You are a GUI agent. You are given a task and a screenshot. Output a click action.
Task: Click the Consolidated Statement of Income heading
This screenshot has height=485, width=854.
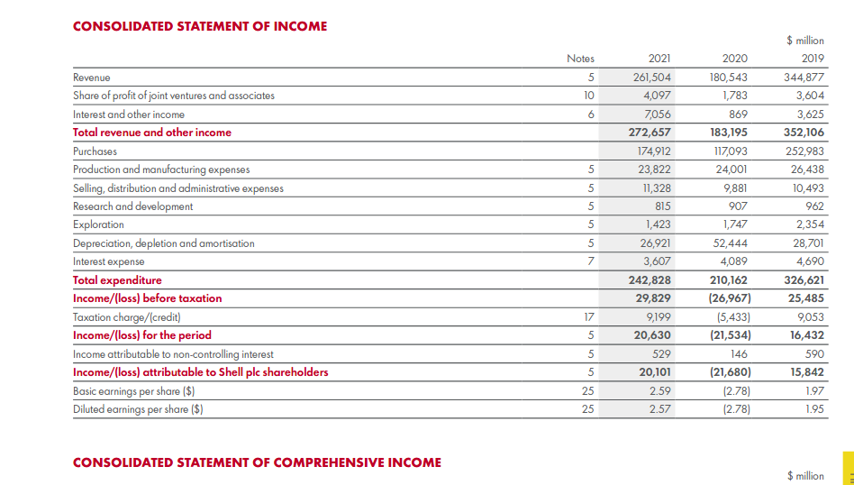pyautogui.click(x=200, y=26)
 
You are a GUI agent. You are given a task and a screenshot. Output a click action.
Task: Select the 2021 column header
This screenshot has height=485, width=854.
pyautogui.click(x=659, y=59)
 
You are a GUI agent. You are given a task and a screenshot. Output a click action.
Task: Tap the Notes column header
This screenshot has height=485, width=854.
pyautogui.click(x=580, y=59)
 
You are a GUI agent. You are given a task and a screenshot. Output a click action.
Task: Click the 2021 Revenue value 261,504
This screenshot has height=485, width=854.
pyautogui.click(x=652, y=78)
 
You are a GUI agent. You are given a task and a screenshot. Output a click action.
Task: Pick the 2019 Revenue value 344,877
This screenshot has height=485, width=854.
pyautogui.click(x=804, y=78)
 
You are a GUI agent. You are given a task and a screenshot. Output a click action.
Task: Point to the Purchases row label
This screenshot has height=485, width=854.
pyautogui.click(x=95, y=151)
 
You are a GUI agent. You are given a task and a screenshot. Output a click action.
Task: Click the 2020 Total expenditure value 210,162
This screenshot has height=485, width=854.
pyautogui.click(x=729, y=280)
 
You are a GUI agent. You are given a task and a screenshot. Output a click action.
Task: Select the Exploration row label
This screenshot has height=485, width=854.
pyautogui.click(x=98, y=224)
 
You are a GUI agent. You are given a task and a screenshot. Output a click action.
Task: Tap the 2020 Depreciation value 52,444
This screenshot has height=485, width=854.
pyautogui.click(x=729, y=243)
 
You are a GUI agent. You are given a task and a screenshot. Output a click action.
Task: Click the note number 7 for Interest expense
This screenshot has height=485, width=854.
pyautogui.click(x=590, y=261)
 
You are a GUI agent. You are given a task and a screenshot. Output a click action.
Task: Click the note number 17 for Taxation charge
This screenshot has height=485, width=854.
pyautogui.click(x=589, y=317)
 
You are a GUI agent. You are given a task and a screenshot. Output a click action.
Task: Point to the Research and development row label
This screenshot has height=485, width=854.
pyautogui.click(x=132, y=206)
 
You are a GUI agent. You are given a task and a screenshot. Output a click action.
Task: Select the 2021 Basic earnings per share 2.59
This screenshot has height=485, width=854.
pyautogui.click(x=659, y=391)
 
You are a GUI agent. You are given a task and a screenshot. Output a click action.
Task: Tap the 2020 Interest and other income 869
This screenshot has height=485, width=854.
pyautogui.click(x=736, y=114)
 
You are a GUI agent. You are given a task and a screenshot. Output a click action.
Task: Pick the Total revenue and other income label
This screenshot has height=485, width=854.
pyautogui.click(x=152, y=133)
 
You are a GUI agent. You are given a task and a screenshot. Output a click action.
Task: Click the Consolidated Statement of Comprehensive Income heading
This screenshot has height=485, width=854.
pyautogui.click(x=257, y=462)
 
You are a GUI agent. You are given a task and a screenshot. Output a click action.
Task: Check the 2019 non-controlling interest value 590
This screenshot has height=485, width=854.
pyautogui.click(x=813, y=354)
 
